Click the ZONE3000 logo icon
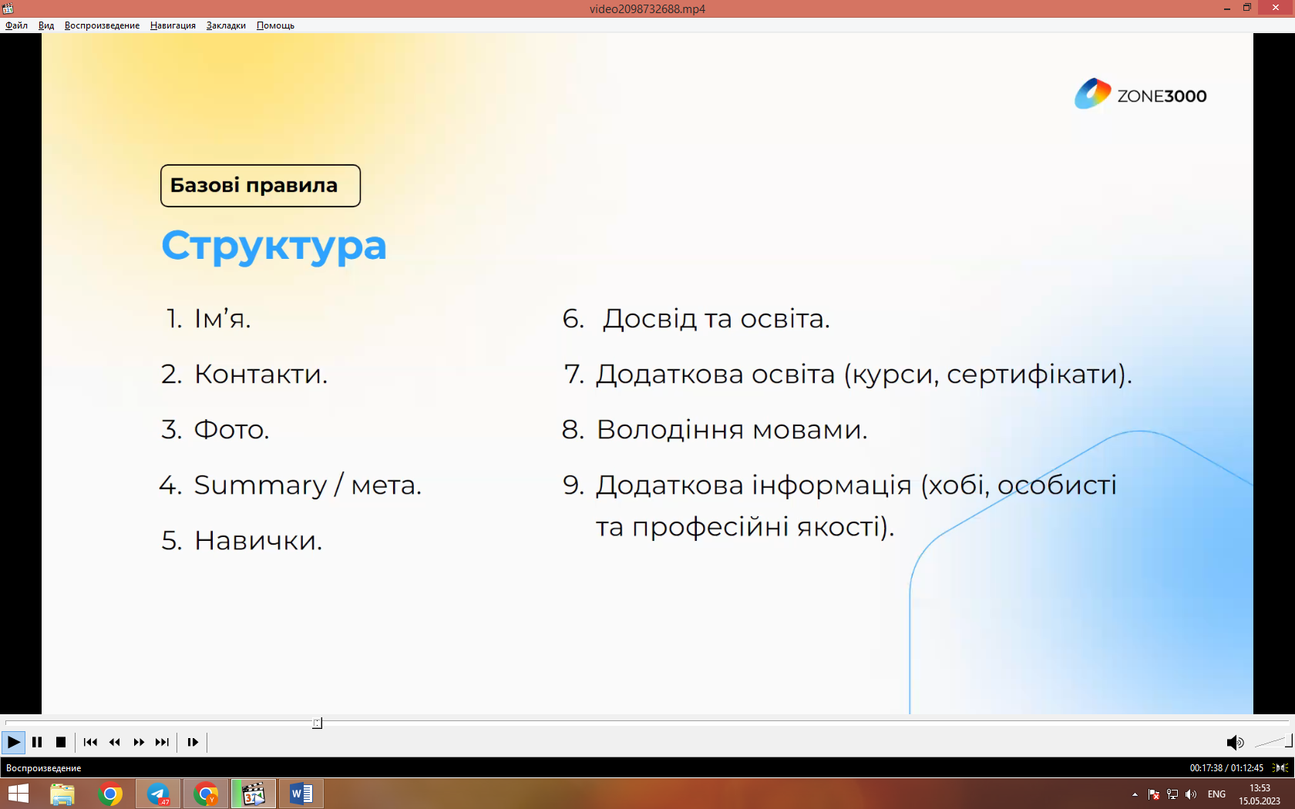pyautogui.click(x=1092, y=94)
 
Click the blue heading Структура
pyautogui.click(x=274, y=247)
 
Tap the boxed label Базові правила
pyautogui.click(x=261, y=186)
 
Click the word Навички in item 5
pyautogui.click(x=255, y=541)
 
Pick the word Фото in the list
pyautogui.click(x=228, y=429)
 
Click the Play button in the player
pyautogui.click(x=13, y=742)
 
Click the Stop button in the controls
pyautogui.click(x=61, y=742)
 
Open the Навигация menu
pyautogui.click(x=173, y=25)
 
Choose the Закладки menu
pyautogui.click(x=226, y=25)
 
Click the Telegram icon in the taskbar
pyautogui.click(x=158, y=794)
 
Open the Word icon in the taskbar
pyautogui.click(x=301, y=794)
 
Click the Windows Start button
pyautogui.click(x=18, y=794)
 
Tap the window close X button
pyautogui.click(x=1276, y=8)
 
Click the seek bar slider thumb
pyautogui.click(x=317, y=723)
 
